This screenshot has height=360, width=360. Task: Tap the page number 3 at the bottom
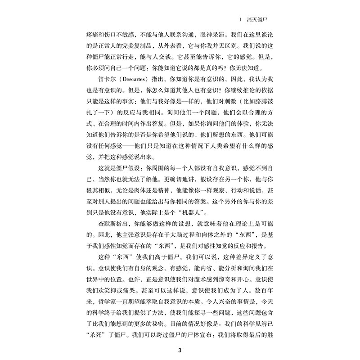point(180,351)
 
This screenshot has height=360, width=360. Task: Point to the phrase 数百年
point(263,289)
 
